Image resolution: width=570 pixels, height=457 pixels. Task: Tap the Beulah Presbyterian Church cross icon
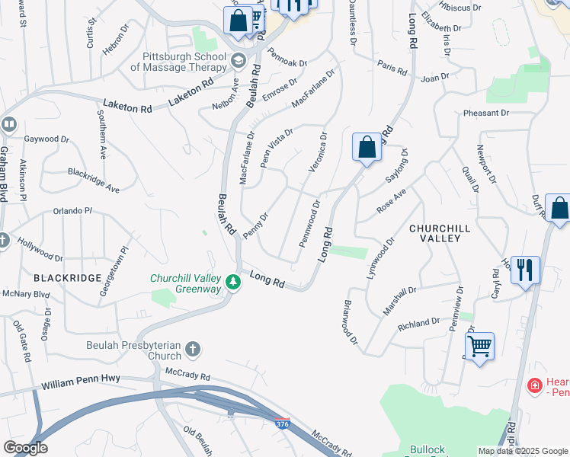coord(194,350)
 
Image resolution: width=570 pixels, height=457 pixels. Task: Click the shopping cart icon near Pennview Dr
coord(479,347)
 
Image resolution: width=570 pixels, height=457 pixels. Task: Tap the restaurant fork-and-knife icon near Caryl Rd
coord(525,270)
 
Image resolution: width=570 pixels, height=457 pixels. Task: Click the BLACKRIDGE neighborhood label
coord(67,278)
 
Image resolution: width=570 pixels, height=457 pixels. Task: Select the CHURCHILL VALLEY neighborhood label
coord(435,233)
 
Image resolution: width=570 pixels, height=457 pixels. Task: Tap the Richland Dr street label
coord(419,324)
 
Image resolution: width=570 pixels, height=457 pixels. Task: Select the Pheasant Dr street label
coord(485,113)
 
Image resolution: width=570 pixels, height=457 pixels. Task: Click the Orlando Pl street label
coord(72,211)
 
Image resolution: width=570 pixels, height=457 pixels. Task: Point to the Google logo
coord(24,448)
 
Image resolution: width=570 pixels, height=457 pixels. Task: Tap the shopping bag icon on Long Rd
coord(367,147)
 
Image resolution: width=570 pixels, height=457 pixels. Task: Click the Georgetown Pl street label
coord(123,258)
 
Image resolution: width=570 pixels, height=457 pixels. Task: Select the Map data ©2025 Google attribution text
coord(523,451)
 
